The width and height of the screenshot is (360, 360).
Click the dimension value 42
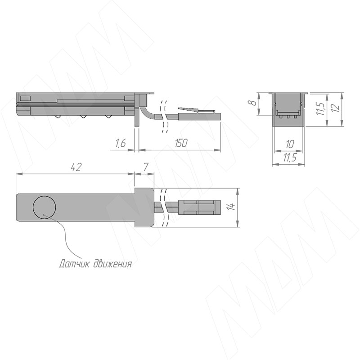click(76, 167)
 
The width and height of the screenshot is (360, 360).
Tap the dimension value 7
click(145, 167)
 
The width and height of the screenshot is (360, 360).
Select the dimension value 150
click(181, 143)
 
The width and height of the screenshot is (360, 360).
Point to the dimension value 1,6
click(120, 143)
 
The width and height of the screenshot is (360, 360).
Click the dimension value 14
click(232, 207)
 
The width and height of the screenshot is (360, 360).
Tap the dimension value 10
click(290, 144)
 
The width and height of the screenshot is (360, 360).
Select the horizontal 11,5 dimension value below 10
click(290, 158)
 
